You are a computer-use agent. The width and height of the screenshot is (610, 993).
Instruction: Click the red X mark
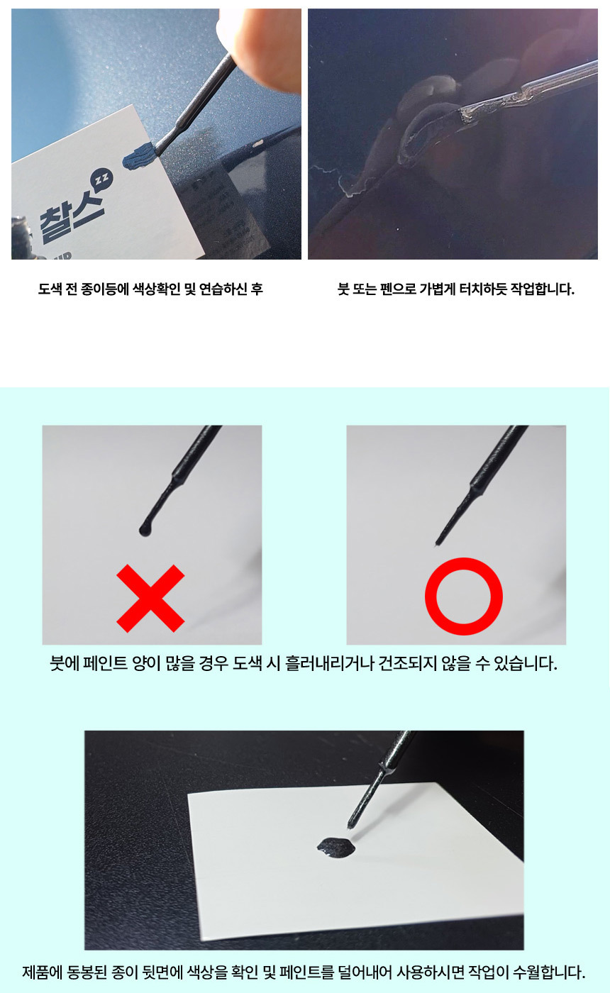(150, 598)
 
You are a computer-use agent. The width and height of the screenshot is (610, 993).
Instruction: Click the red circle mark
(464, 597)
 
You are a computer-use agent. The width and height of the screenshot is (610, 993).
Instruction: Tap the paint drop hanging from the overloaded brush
(145, 530)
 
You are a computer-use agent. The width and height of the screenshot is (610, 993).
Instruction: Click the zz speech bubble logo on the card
(101, 179)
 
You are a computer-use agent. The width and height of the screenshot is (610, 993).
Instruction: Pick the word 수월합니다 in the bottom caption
(549, 972)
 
